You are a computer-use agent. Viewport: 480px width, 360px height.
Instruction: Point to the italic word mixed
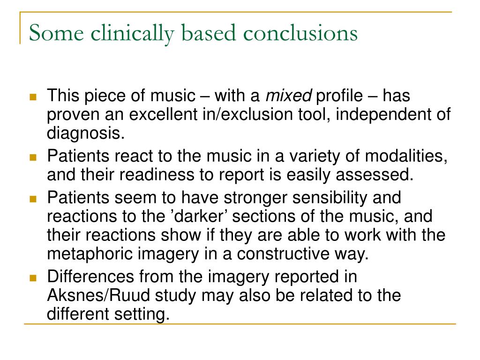[289, 97]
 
